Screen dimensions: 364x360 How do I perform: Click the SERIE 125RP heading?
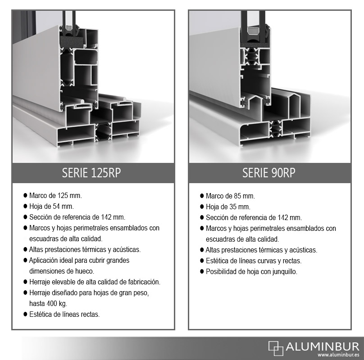pyautogui.click(x=91, y=173)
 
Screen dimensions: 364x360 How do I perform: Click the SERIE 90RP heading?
pyautogui.click(x=269, y=173)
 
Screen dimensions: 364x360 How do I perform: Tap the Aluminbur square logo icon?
pyautogui.click(x=276, y=348)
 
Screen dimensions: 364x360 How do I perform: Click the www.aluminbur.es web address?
pyautogui.click(x=338, y=355)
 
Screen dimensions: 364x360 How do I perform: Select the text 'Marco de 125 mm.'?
pyautogui.click(x=55, y=196)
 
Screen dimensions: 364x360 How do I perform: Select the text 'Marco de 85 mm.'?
pyautogui.click(x=230, y=196)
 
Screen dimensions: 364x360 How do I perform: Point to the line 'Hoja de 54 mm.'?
pyautogui.click(x=51, y=206)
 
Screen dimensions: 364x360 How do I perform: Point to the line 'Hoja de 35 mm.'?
pyautogui.click(x=228, y=207)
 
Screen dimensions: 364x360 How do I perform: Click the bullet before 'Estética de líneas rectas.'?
pyautogui.click(x=25, y=314)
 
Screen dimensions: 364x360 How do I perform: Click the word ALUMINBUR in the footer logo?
pyautogui.click(x=323, y=346)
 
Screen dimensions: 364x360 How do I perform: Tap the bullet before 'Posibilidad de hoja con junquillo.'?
pyautogui.click(x=202, y=271)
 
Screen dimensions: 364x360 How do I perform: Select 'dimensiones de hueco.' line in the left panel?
pyautogui.click(x=62, y=271)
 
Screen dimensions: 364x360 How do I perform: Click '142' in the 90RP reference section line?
pyautogui.click(x=283, y=218)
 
